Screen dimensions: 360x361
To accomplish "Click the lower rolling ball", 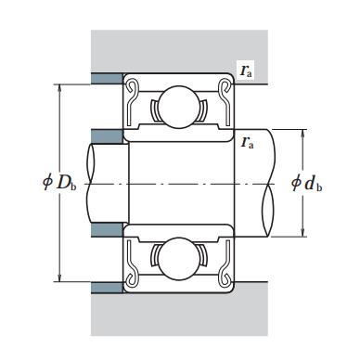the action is (179, 259).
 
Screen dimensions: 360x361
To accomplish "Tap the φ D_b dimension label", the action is (59, 183).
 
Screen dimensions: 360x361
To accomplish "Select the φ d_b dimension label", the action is (307, 183).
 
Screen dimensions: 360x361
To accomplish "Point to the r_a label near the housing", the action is (246, 71).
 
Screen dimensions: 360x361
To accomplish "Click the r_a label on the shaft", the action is (248, 143).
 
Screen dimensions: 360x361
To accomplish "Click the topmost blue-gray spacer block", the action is (107, 79).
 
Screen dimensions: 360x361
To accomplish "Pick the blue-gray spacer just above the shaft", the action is (107, 136).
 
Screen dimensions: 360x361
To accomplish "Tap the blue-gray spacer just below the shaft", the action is (107, 230).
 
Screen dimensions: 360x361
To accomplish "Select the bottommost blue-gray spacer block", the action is (107, 288).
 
